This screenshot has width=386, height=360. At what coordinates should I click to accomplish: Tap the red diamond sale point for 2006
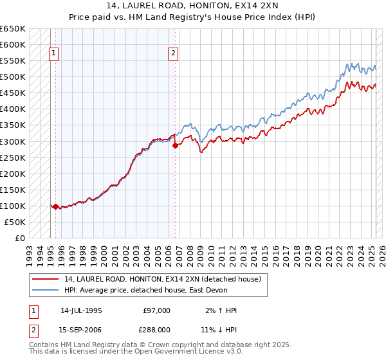(x=176, y=145)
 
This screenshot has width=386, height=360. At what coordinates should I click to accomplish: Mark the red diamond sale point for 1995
(x=55, y=207)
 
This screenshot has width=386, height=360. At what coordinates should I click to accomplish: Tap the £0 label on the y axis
(x=19, y=238)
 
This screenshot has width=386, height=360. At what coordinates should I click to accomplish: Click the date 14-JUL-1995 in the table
(x=81, y=310)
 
